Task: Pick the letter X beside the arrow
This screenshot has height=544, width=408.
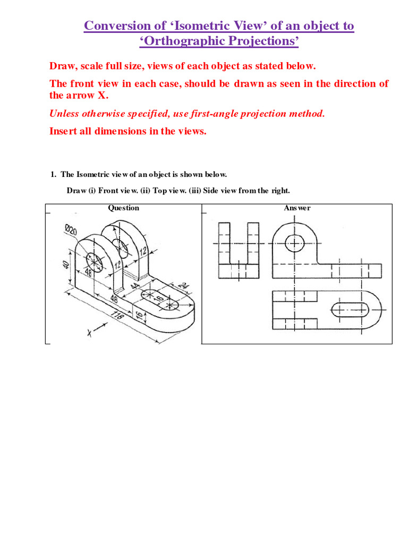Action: [89, 334]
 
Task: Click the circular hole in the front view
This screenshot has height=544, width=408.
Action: [294, 243]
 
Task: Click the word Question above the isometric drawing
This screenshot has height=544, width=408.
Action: [124, 208]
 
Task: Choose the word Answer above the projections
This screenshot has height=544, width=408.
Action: [297, 208]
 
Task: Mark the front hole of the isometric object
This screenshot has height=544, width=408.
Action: [93, 261]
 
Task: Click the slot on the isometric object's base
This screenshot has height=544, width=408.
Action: [160, 300]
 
